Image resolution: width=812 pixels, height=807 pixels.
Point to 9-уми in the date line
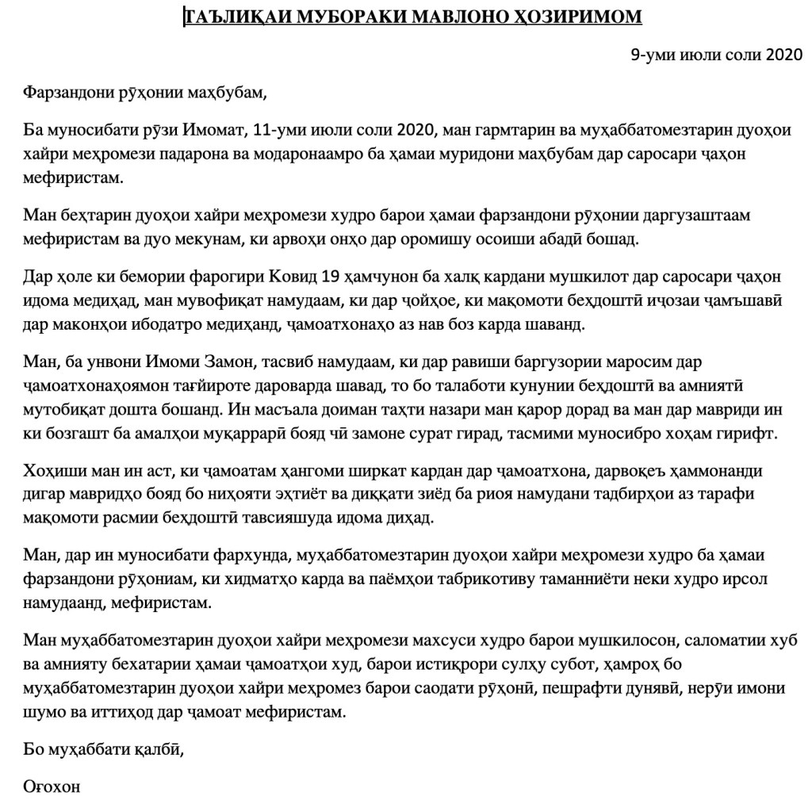click(x=653, y=55)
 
